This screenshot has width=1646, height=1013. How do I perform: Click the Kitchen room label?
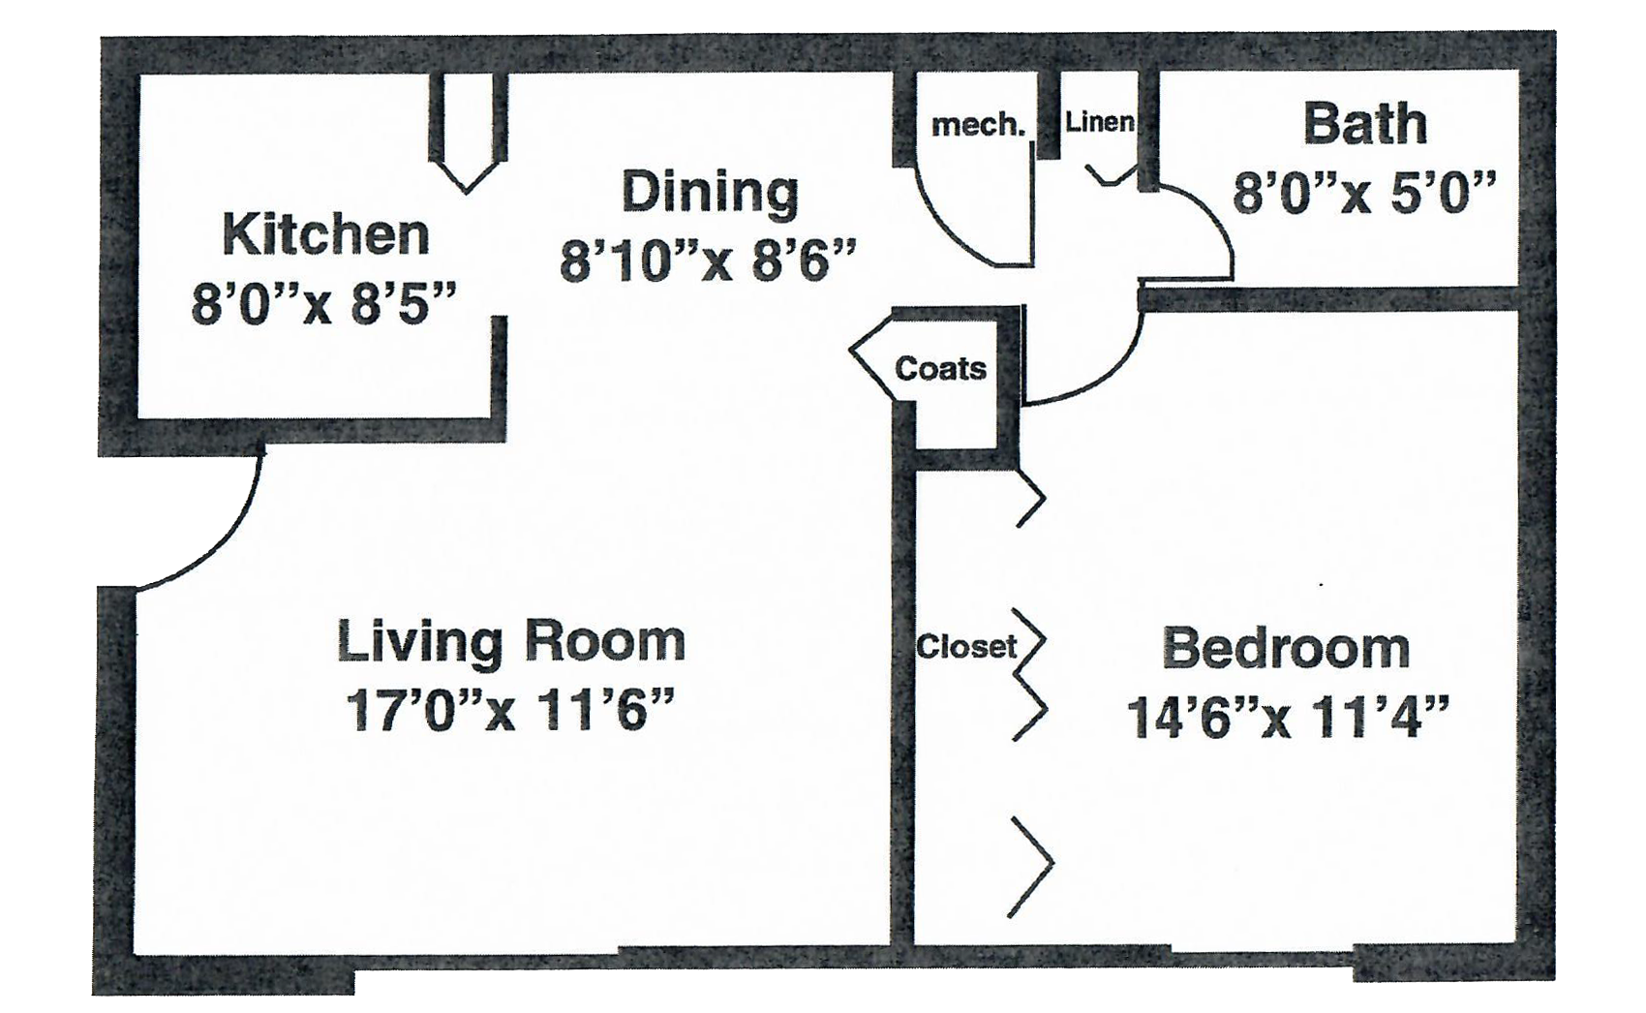pyautogui.click(x=325, y=234)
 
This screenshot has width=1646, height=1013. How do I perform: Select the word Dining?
pyautogui.click(x=710, y=192)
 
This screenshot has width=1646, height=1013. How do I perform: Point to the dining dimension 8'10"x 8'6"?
pyautogui.click(x=709, y=261)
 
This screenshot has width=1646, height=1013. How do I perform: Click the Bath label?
pyautogui.click(x=1365, y=125)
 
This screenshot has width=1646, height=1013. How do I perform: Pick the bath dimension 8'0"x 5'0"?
pyautogui.click(x=1364, y=193)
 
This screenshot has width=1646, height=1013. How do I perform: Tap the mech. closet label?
pyautogui.click(x=978, y=126)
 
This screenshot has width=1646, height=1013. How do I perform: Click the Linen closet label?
pyautogui.click(x=1099, y=121)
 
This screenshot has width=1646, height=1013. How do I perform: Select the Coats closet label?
pyautogui.click(x=940, y=368)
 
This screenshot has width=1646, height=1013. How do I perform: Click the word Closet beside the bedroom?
pyautogui.click(x=966, y=646)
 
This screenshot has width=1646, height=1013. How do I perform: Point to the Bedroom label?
pyautogui.click(x=1286, y=649)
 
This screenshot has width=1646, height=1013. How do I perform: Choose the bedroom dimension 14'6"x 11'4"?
pyautogui.click(x=1288, y=717)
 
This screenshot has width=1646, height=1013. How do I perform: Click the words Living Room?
pyautogui.click(x=510, y=642)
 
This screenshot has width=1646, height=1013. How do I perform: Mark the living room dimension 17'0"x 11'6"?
pyautogui.click(x=509, y=710)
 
